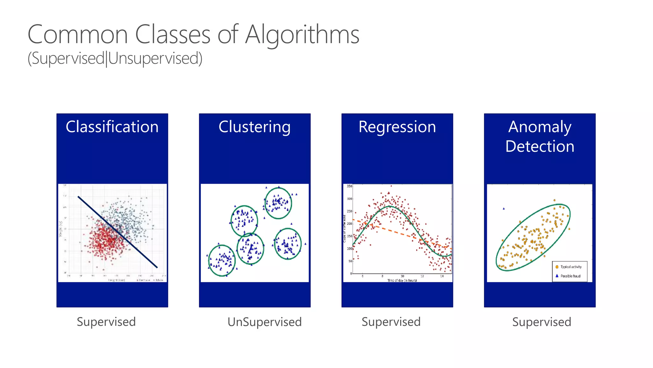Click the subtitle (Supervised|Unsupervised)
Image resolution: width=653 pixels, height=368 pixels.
(115, 58)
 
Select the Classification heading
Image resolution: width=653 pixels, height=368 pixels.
(112, 127)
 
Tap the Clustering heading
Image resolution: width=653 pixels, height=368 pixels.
(254, 127)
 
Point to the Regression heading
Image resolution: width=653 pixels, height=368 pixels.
(397, 127)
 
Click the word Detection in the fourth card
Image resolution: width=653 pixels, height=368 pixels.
(539, 146)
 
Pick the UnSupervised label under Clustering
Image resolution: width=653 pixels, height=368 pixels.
(264, 322)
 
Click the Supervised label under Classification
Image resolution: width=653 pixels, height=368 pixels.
(106, 322)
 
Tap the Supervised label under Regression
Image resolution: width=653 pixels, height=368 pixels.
(391, 322)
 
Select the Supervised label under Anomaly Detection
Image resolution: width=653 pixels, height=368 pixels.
(541, 322)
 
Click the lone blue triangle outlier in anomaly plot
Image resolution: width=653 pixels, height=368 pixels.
(504, 209)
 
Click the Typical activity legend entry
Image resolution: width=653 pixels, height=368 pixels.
(571, 267)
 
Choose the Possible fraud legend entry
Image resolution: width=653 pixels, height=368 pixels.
(570, 276)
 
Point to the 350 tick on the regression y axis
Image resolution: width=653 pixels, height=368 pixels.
(349, 186)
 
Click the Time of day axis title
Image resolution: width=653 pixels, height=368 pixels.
(402, 280)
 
